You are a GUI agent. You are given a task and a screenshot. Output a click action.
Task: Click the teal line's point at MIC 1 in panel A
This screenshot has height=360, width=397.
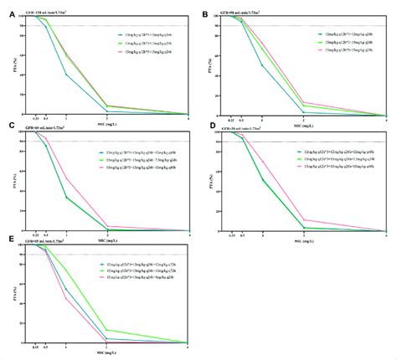(67, 75)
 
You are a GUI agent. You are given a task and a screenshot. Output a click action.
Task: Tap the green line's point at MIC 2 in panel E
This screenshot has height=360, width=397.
(106, 329)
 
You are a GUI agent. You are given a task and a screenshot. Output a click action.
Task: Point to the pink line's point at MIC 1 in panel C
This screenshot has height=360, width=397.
(67, 179)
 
